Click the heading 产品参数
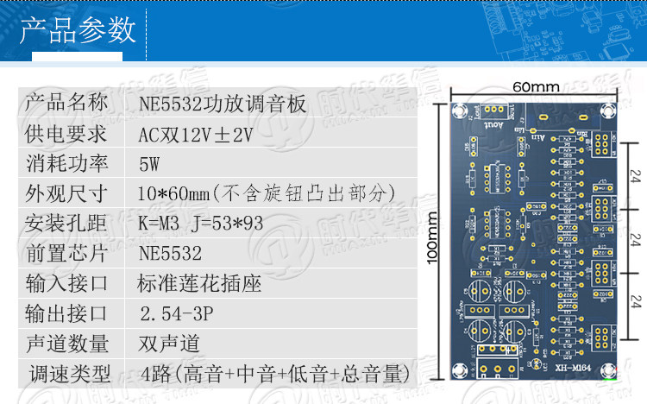tap(79, 31)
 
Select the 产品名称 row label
tap(67, 104)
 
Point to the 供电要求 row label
tap(67, 134)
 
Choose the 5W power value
tap(149, 164)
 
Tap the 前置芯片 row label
tap(67, 253)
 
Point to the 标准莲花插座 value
tap(199, 283)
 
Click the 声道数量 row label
tap(67, 343)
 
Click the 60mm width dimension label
tap(536, 87)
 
